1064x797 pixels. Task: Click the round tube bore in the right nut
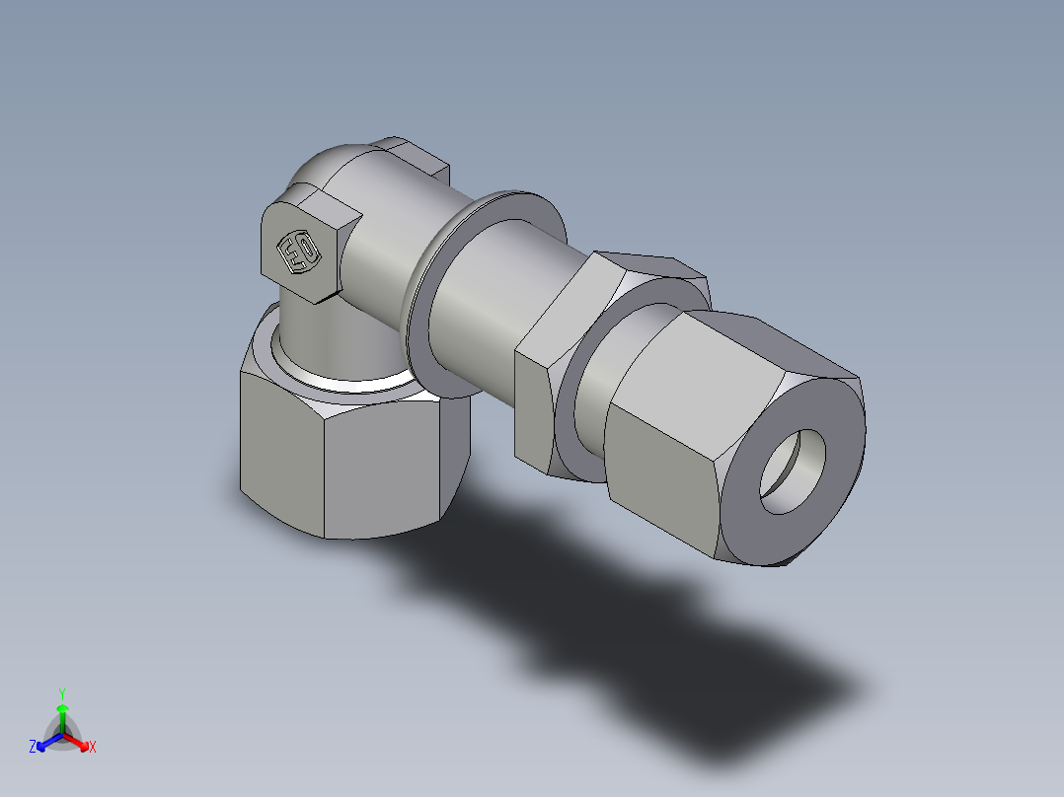pos(794,471)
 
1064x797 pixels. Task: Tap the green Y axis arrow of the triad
pos(62,712)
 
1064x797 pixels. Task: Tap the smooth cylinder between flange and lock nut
pos(494,306)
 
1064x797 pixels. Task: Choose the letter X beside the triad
pos(93,748)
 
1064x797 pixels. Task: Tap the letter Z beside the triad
pos(33,747)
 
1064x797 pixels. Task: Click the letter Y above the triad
pos(62,693)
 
